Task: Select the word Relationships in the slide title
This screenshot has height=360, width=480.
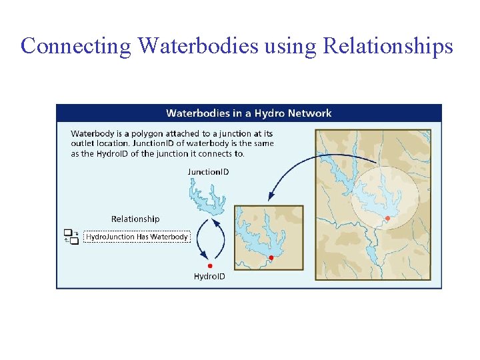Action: point(388,46)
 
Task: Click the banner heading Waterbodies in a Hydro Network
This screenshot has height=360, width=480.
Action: point(248,113)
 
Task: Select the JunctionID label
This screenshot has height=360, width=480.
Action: point(208,172)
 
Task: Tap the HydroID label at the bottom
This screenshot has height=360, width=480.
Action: point(209,276)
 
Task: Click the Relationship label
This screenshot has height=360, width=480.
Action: point(135,219)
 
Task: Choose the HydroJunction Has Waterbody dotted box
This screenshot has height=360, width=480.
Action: point(137,237)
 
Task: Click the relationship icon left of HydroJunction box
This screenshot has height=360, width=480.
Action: point(71,237)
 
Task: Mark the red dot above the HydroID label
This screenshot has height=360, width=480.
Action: point(210,265)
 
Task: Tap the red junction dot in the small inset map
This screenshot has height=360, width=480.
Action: point(271,257)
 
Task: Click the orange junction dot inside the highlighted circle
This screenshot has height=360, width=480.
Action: point(387,218)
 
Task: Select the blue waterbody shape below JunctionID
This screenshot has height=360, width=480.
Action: point(207,197)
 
